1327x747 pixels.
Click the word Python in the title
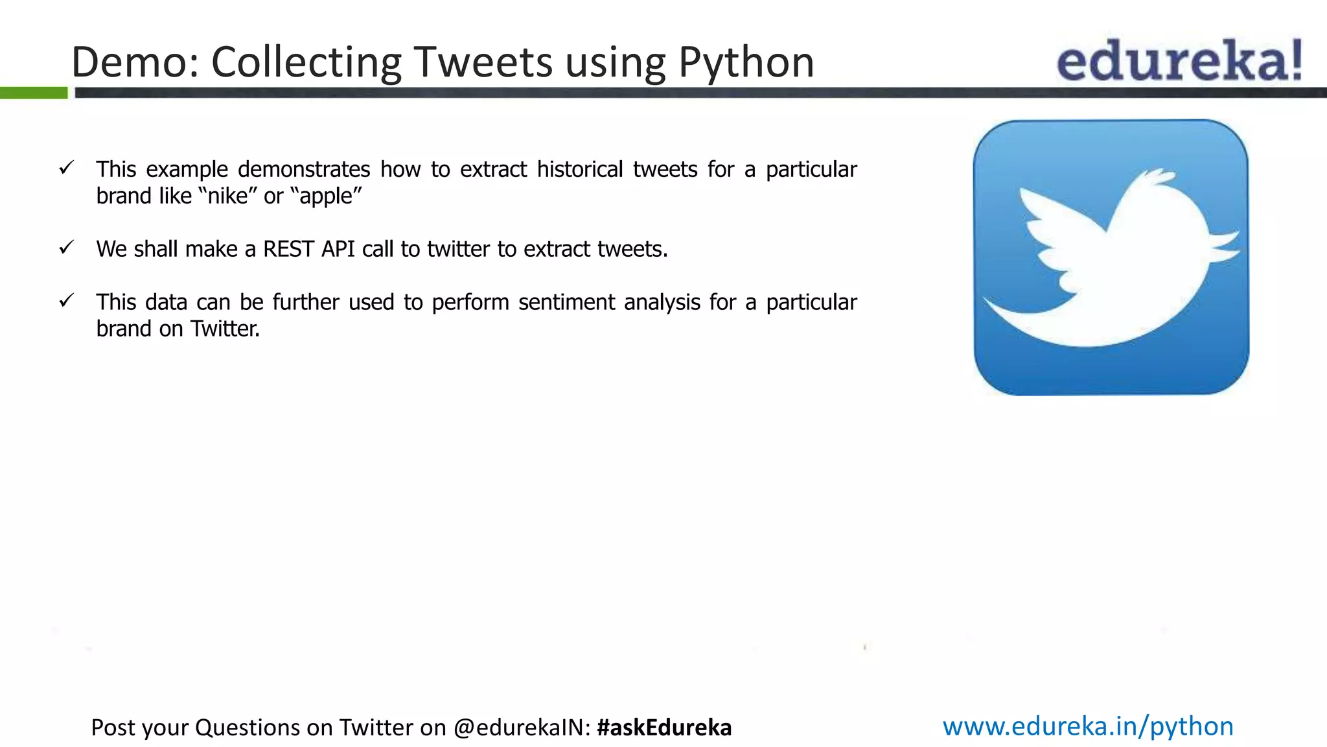pyautogui.click(x=746, y=63)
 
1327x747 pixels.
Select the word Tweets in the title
pyautogui.click(x=483, y=63)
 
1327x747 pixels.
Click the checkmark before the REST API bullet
pyautogui.click(x=67, y=247)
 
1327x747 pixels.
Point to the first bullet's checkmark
pyautogui.click(x=67, y=168)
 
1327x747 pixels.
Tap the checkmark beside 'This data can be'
pyautogui.click(x=67, y=300)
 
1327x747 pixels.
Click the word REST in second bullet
pyautogui.click(x=288, y=249)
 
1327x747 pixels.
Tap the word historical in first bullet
pyautogui.click(x=579, y=169)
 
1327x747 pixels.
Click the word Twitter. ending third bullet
pyautogui.click(x=224, y=329)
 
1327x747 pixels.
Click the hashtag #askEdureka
pyautogui.click(x=664, y=728)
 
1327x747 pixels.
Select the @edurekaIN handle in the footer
pyautogui.click(x=521, y=728)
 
